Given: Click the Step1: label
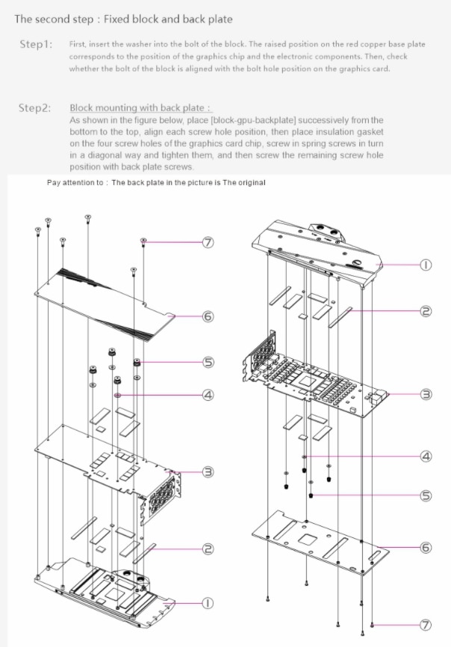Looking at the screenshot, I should (36, 45).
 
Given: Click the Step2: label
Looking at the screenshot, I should (36, 108).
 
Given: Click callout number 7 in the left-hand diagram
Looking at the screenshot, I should (208, 243).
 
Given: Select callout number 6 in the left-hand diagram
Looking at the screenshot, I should (208, 316).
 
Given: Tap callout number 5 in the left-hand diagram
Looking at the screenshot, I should (208, 363).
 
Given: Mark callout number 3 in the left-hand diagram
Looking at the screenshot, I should (208, 472).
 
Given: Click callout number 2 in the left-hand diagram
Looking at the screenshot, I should (208, 549).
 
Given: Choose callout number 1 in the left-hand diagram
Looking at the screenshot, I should (208, 601).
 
